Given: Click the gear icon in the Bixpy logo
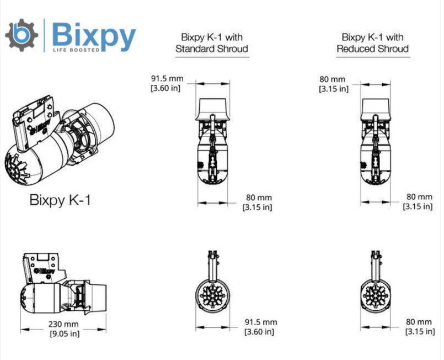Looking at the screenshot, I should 22,34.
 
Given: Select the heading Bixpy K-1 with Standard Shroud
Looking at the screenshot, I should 212,43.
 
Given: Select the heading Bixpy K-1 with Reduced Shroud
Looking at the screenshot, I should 372,43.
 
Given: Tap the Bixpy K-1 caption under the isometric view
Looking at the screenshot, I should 60,200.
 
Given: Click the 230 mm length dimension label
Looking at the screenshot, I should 63,324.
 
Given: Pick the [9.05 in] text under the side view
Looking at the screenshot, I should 63,333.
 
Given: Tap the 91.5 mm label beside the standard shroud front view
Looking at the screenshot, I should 261,322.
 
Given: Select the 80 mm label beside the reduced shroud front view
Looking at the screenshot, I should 419,322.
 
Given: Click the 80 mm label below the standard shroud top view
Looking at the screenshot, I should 257,197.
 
